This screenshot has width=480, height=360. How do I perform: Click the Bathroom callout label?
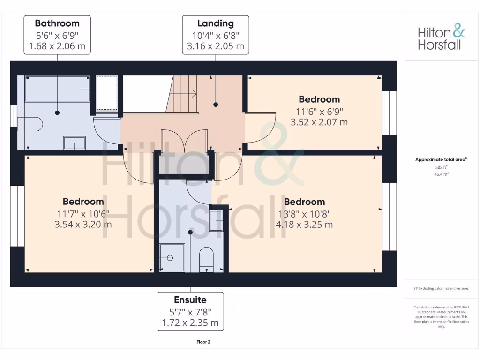[57, 35]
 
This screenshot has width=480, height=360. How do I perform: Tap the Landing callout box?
[216, 35]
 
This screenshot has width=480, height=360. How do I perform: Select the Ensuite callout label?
[190, 311]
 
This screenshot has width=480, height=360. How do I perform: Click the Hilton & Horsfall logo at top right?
[441, 38]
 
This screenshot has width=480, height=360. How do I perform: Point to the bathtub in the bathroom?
[57, 89]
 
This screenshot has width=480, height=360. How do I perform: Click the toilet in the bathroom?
[30, 124]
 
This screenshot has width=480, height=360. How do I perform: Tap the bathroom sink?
[75, 142]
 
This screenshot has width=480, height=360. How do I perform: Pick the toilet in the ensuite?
[207, 260]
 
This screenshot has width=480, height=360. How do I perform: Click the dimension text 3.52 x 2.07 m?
[319, 123]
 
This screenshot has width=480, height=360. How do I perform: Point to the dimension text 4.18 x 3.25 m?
[304, 225]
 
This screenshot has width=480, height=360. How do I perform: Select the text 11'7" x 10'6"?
[83, 213]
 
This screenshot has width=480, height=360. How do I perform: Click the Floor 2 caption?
[203, 342]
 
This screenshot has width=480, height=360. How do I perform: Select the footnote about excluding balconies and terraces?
[441, 288]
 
